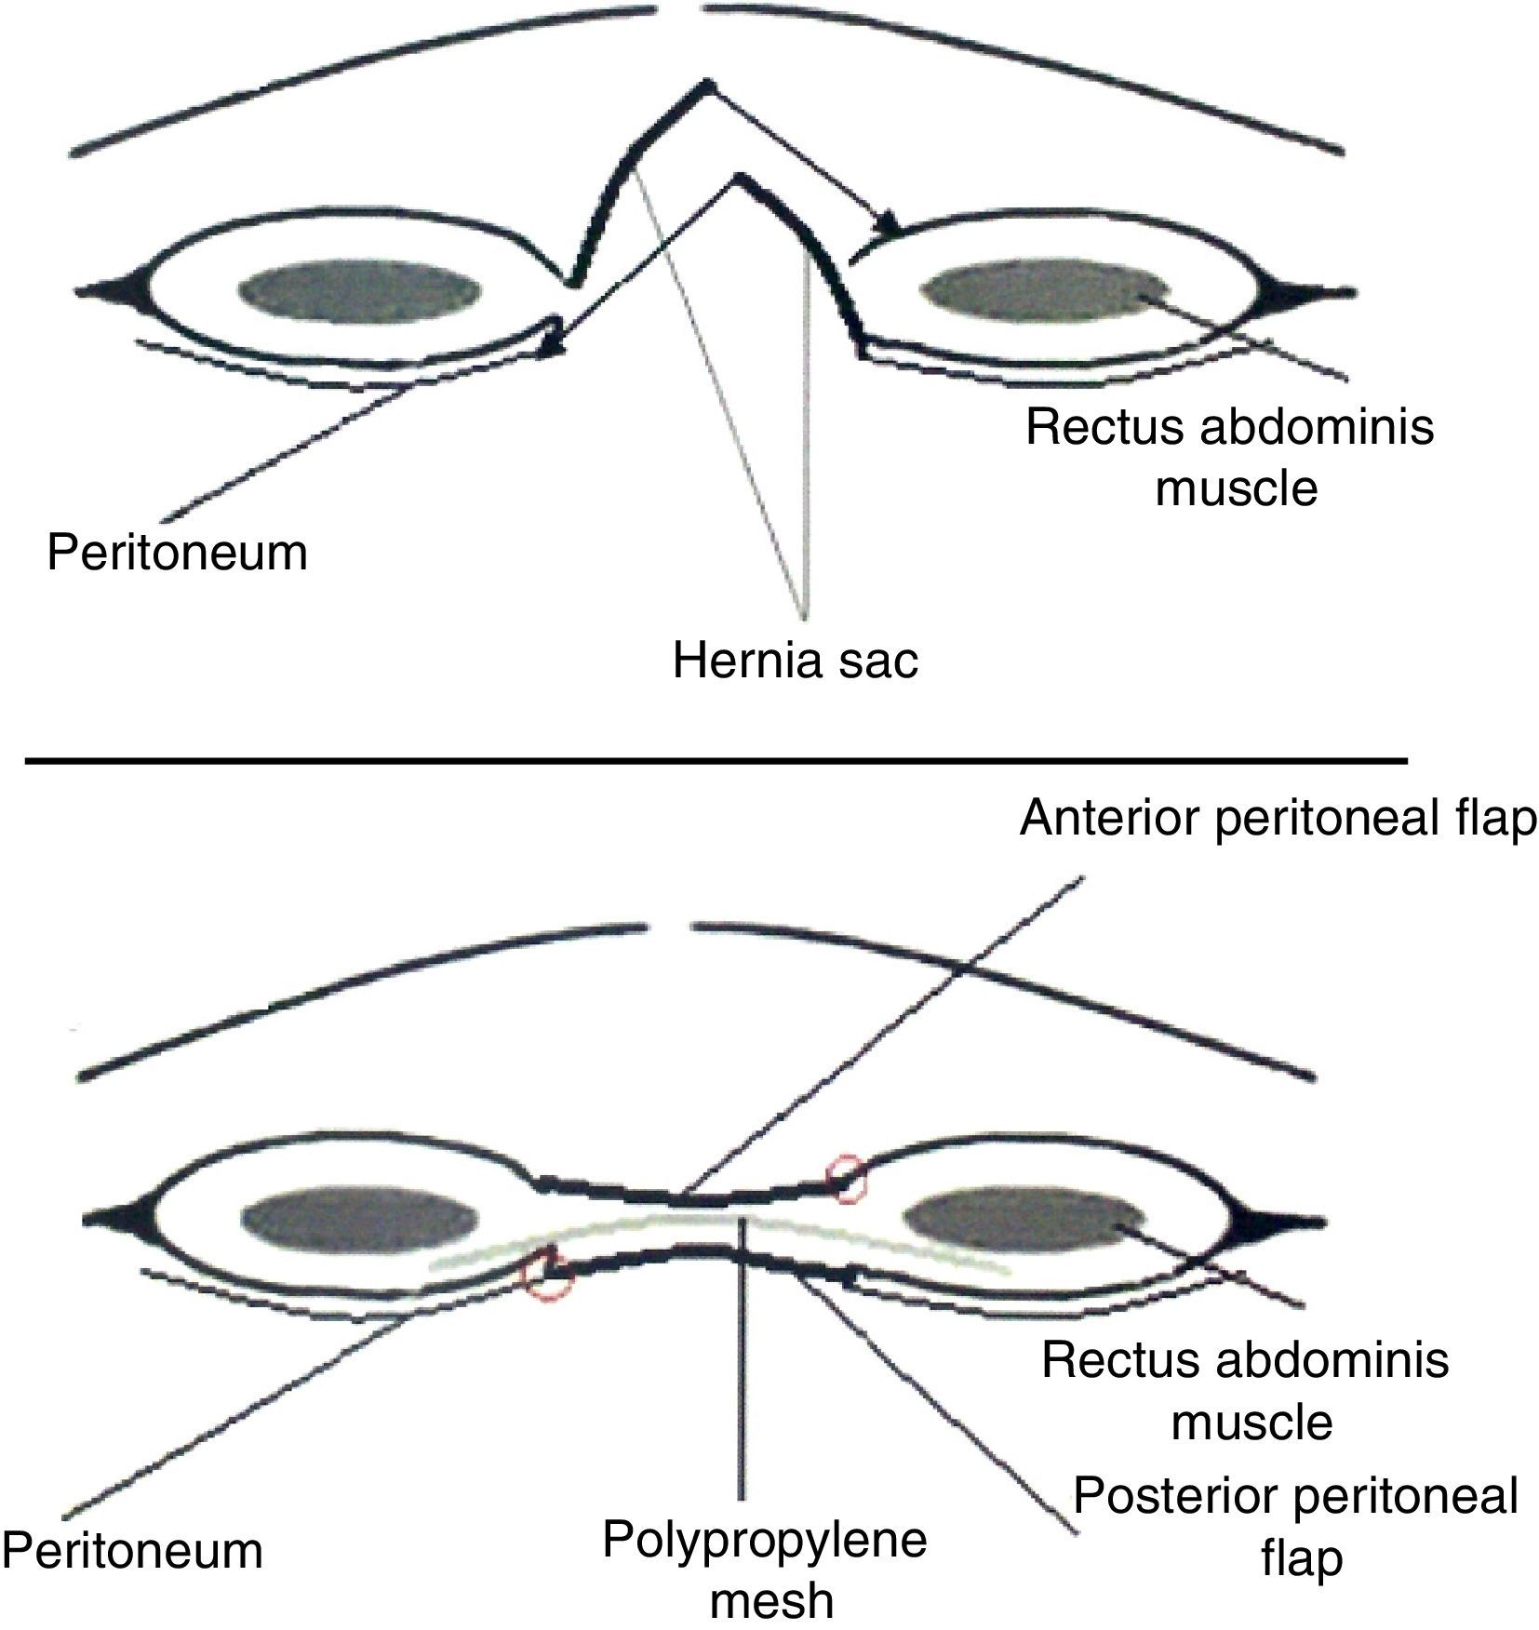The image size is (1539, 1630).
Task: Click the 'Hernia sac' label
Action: point(796,661)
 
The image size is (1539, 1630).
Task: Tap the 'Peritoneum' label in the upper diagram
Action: point(177,552)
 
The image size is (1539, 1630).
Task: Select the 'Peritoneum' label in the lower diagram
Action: point(132,1551)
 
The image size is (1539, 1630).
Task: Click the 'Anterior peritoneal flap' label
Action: point(1278,820)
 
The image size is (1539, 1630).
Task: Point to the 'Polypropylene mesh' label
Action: point(765,1568)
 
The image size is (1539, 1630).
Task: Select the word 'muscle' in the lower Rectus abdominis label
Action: point(1251,1423)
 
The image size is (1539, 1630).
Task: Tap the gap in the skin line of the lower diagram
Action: point(670,927)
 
